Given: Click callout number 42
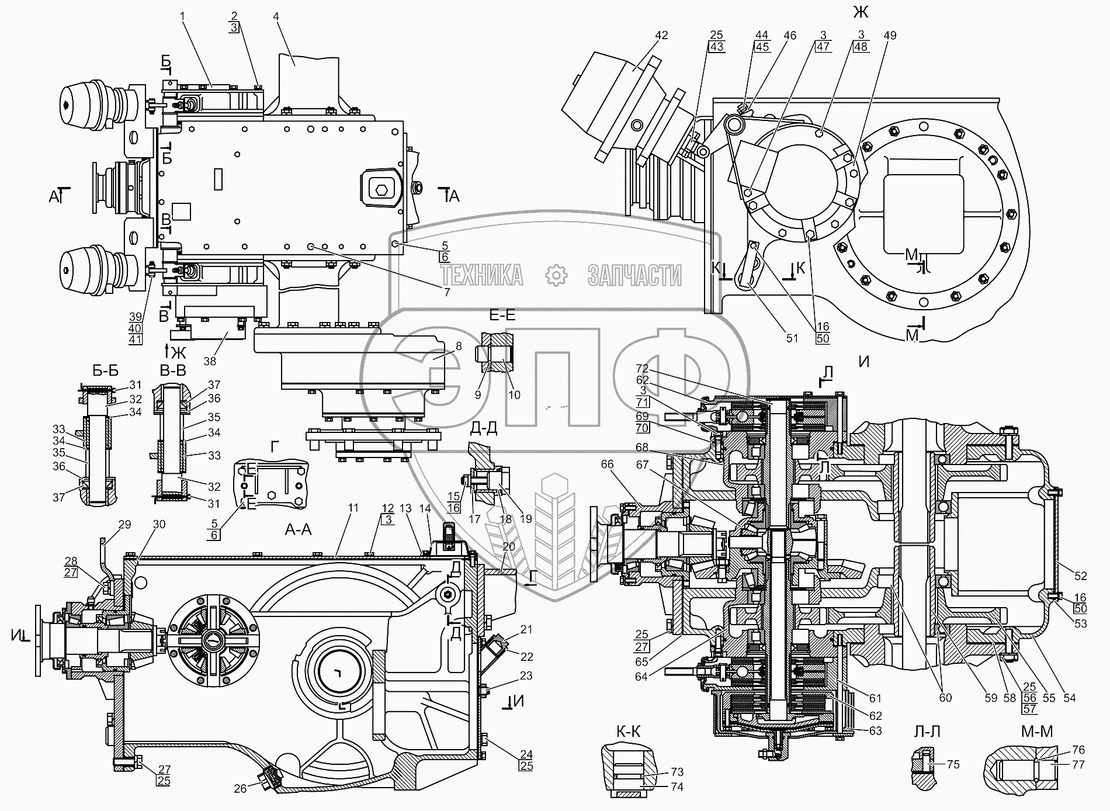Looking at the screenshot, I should click(661, 35).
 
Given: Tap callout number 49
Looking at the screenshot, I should click(890, 35).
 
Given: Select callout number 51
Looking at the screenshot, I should click(792, 338).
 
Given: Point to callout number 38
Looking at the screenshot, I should click(210, 361).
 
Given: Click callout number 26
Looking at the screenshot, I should click(240, 789).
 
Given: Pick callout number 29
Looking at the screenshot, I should click(125, 525).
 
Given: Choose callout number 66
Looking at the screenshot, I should click(608, 464).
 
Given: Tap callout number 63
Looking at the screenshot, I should click(875, 731).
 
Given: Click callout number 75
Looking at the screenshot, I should click(953, 764).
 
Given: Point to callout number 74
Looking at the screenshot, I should click(677, 786).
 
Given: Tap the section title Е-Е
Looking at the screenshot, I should click(502, 316).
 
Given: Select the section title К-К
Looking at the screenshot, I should click(628, 732).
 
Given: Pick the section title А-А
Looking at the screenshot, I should click(299, 529).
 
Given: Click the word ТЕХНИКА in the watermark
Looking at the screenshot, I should click(481, 275).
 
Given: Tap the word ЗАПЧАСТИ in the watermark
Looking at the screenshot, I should click(634, 275).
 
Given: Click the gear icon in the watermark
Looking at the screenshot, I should click(556, 275).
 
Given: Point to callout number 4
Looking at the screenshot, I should click(276, 16).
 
